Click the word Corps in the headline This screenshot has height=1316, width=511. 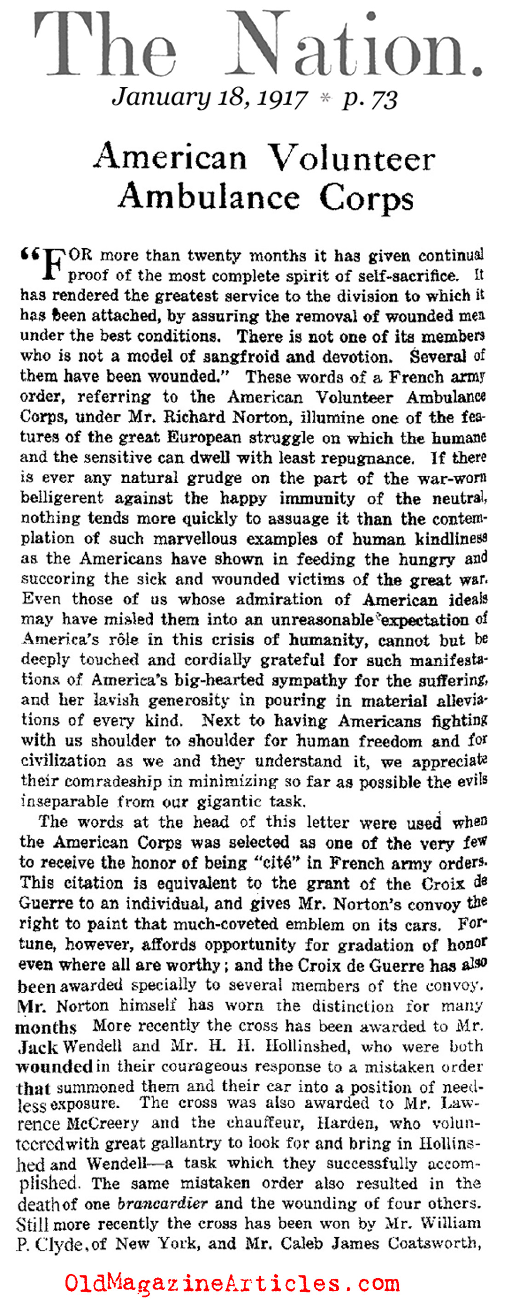pos(366,197)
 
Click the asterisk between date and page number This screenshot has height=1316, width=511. pos(323,98)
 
